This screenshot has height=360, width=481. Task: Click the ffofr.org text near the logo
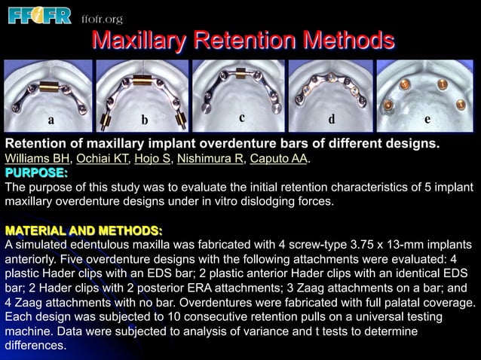point(100,19)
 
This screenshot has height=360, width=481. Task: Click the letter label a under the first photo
point(51,120)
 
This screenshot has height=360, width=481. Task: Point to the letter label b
point(144,121)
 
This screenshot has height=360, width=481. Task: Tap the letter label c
point(241,117)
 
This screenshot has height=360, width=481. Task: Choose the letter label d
point(331,120)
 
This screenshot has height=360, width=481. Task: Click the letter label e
point(427,120)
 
